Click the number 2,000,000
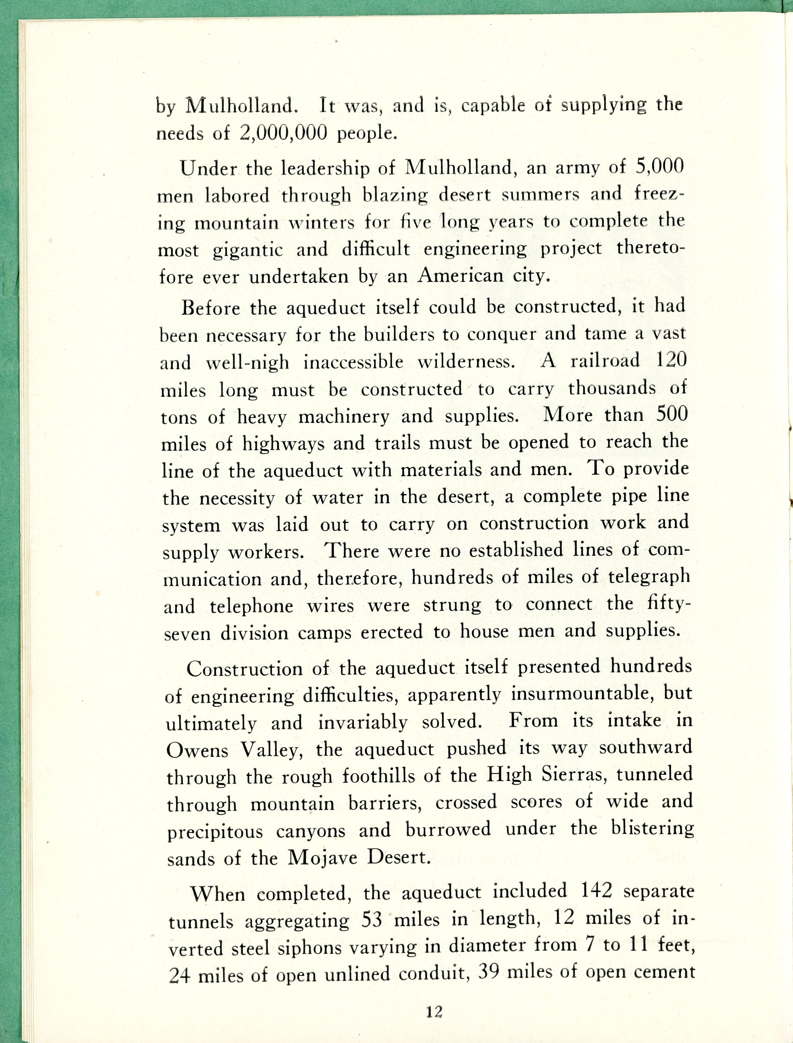[283, 134]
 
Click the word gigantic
[248, 250]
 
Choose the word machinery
[343, 417]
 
